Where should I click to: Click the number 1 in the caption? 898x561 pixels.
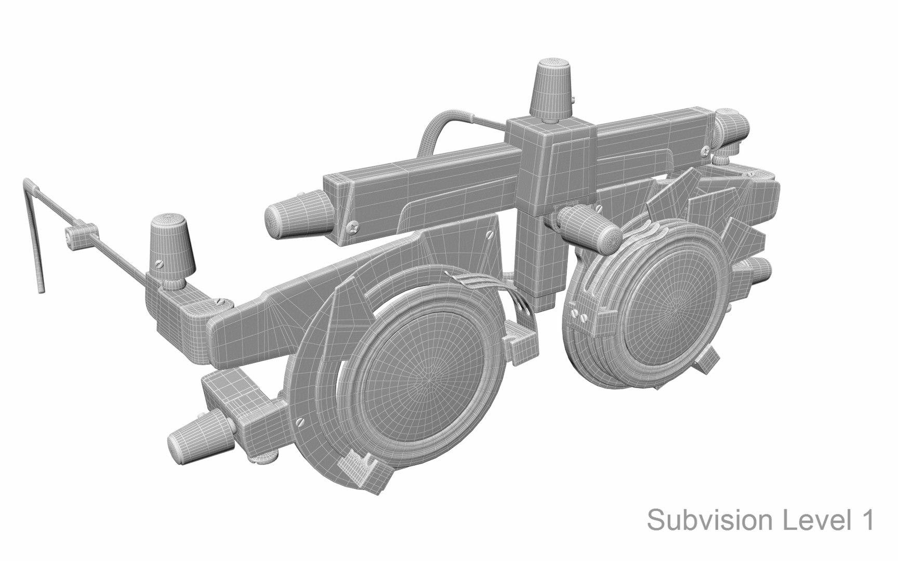(x=866, y=520)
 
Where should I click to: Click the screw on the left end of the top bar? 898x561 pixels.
(x=354, y=226)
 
